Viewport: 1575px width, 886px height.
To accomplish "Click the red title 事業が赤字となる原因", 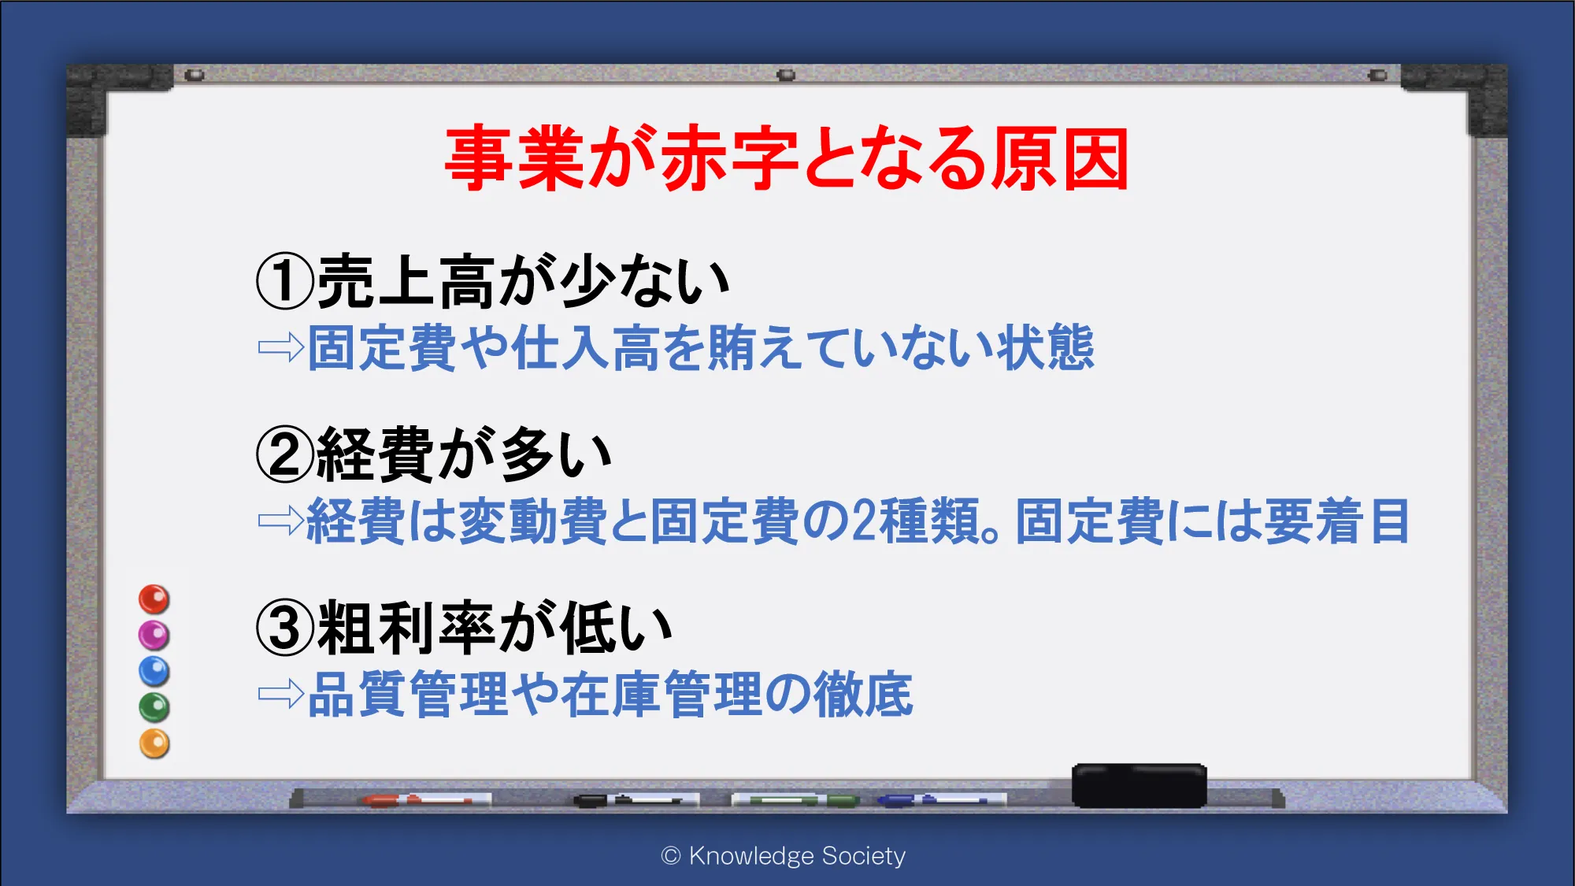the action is pos(787,158).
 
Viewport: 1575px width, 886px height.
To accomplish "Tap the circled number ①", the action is pos(285,281).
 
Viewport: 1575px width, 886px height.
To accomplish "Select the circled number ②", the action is pos(285,454).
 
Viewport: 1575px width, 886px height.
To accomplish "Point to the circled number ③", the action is pos(285,628).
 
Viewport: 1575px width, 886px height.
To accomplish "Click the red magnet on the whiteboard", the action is pos(154,599).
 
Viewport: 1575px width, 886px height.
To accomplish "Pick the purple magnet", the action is pos(154,635).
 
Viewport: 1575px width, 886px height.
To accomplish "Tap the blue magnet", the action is pos(154,671).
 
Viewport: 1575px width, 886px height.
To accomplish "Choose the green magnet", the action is pos(154,707).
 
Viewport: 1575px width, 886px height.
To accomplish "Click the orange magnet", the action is pos(154,743).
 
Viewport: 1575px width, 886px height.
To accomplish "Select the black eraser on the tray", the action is pos(1139,785).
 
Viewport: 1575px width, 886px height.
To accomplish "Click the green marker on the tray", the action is pos(795,800).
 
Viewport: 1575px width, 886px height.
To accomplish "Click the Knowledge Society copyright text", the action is pos(784,855).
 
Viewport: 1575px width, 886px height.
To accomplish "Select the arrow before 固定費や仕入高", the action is pos(281,347).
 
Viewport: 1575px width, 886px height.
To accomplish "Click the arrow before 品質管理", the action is pos(281,694).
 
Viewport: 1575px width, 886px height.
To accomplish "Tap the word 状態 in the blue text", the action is pos(1045,347).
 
